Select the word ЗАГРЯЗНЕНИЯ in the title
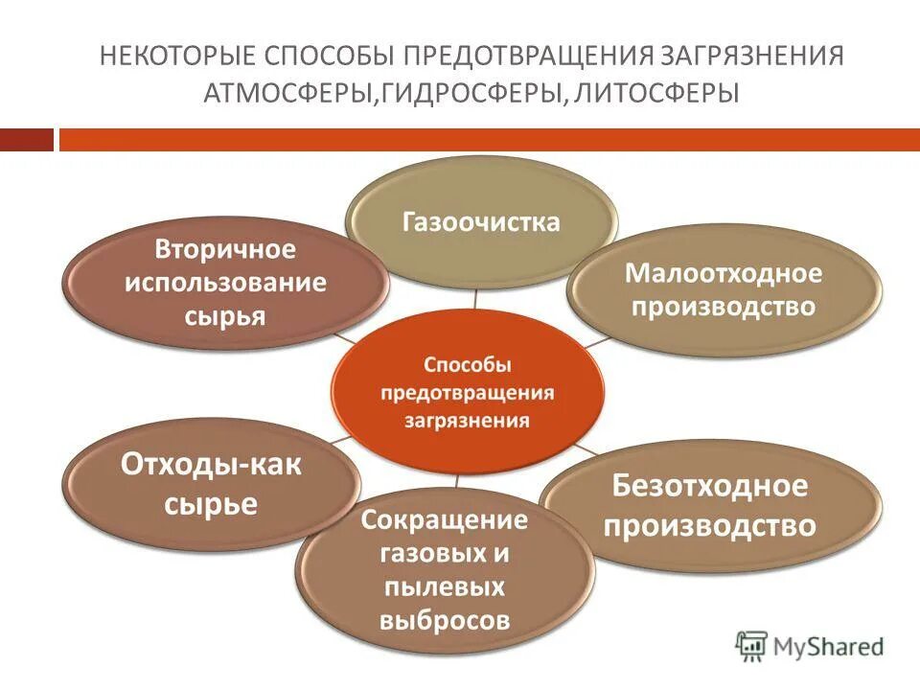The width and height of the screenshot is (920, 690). click(x=747, y=56)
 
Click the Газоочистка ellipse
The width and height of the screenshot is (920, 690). click(x=481, y=222)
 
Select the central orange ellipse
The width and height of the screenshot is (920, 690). click(x=468, y=392)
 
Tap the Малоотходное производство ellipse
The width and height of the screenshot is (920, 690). click(x=724, y=289)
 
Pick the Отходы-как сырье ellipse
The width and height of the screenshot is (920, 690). click(x=211, y=484)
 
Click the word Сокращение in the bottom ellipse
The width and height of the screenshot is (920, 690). click(x=444, y=520)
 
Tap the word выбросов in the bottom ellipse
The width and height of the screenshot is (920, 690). click(x=444, y=620)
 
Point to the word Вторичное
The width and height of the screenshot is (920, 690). click(x=226, y=250)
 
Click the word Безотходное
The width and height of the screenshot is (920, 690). click(x=710, y=486)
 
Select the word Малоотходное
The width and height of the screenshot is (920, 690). click(x=724, y=273)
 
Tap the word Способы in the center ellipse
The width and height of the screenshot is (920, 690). click(x=468, y=365)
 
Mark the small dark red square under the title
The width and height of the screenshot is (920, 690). click(x=27, y=140)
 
